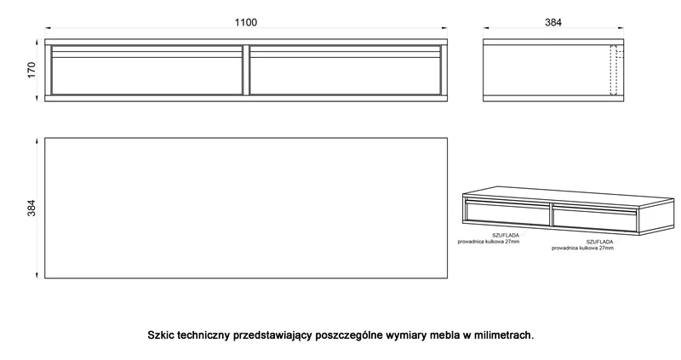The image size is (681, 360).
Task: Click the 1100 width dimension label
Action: click(246, 22)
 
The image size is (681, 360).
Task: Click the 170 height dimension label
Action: click(31, 70)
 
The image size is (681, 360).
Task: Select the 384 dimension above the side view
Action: click(552, 22)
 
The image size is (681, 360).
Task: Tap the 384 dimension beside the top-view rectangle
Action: click(31, 208)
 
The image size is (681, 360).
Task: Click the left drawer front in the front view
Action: click(146, 70)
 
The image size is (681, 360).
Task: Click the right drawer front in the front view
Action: click(346, 70)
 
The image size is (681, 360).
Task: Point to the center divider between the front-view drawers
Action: click(246, 70)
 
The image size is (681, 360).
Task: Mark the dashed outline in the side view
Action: click(613, 70)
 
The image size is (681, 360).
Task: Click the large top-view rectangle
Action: click(246, 208)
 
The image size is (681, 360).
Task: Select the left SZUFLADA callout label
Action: click(506, 236)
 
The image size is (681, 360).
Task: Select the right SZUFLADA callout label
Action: click(600, 242)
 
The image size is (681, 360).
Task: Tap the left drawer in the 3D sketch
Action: click(507, 212)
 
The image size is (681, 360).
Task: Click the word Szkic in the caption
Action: click(160, 335)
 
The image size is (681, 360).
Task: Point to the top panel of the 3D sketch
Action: click(569, 197)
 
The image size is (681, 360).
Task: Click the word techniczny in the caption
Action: click(203, 335)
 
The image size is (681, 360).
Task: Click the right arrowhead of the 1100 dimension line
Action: click(444, 28)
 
